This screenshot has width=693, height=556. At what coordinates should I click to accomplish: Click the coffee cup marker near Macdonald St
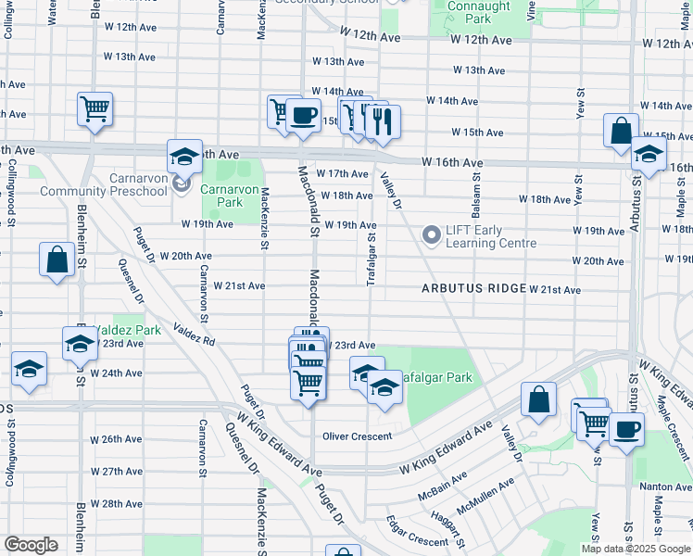point(303,116)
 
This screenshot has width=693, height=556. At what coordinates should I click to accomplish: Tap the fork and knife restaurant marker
point(383,120)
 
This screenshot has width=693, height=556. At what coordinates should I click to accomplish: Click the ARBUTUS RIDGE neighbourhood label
point(473,289)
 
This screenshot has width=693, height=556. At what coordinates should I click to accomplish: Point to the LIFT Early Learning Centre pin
point(431,235)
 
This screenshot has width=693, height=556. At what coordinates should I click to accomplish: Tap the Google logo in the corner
point(31,545)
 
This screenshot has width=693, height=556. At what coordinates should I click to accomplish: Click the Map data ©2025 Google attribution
point(634,549)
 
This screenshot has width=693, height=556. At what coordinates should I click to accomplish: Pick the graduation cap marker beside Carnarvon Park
point(184,156)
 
